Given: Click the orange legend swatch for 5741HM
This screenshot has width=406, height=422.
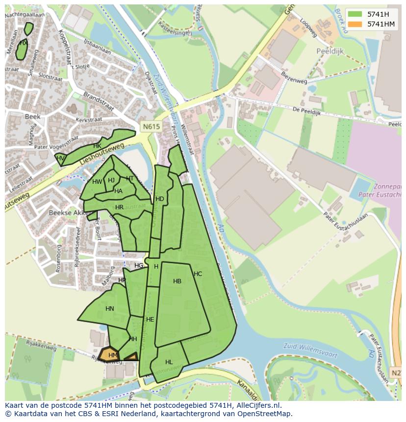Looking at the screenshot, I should click(x=355, y=24).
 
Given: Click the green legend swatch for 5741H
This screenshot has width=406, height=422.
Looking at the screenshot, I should click(x=355, y=14).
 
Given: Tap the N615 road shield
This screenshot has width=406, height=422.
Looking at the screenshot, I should click(x=152, y=126).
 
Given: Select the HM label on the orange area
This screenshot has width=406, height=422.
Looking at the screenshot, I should click(x=113, y=355).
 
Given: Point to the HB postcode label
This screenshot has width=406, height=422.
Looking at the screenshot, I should click(x=177, y=281).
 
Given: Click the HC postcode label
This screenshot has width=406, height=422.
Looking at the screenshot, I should click(x=198, y=274).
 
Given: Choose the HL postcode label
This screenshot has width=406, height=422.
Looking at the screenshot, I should click(x=169, y=362).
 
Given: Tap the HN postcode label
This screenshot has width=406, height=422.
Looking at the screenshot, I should click(x=109, y=309).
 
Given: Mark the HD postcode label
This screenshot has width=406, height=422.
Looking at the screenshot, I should click(x=160, y=199).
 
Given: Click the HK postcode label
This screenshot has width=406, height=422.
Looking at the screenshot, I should click(x=97, y=146).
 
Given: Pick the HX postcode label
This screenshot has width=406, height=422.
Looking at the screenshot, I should click(x=23, y=43).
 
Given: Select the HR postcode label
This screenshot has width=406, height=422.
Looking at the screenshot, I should click(x=119, y=207).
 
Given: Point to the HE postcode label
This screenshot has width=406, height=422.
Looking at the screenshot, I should click(x=150, y=320).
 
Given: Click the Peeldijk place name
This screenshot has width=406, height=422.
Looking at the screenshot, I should click(x=330, y=51).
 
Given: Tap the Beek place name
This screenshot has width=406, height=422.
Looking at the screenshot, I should click(x=32, y=117).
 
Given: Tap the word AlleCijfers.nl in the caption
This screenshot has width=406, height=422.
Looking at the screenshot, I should click(x=264, y=405).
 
